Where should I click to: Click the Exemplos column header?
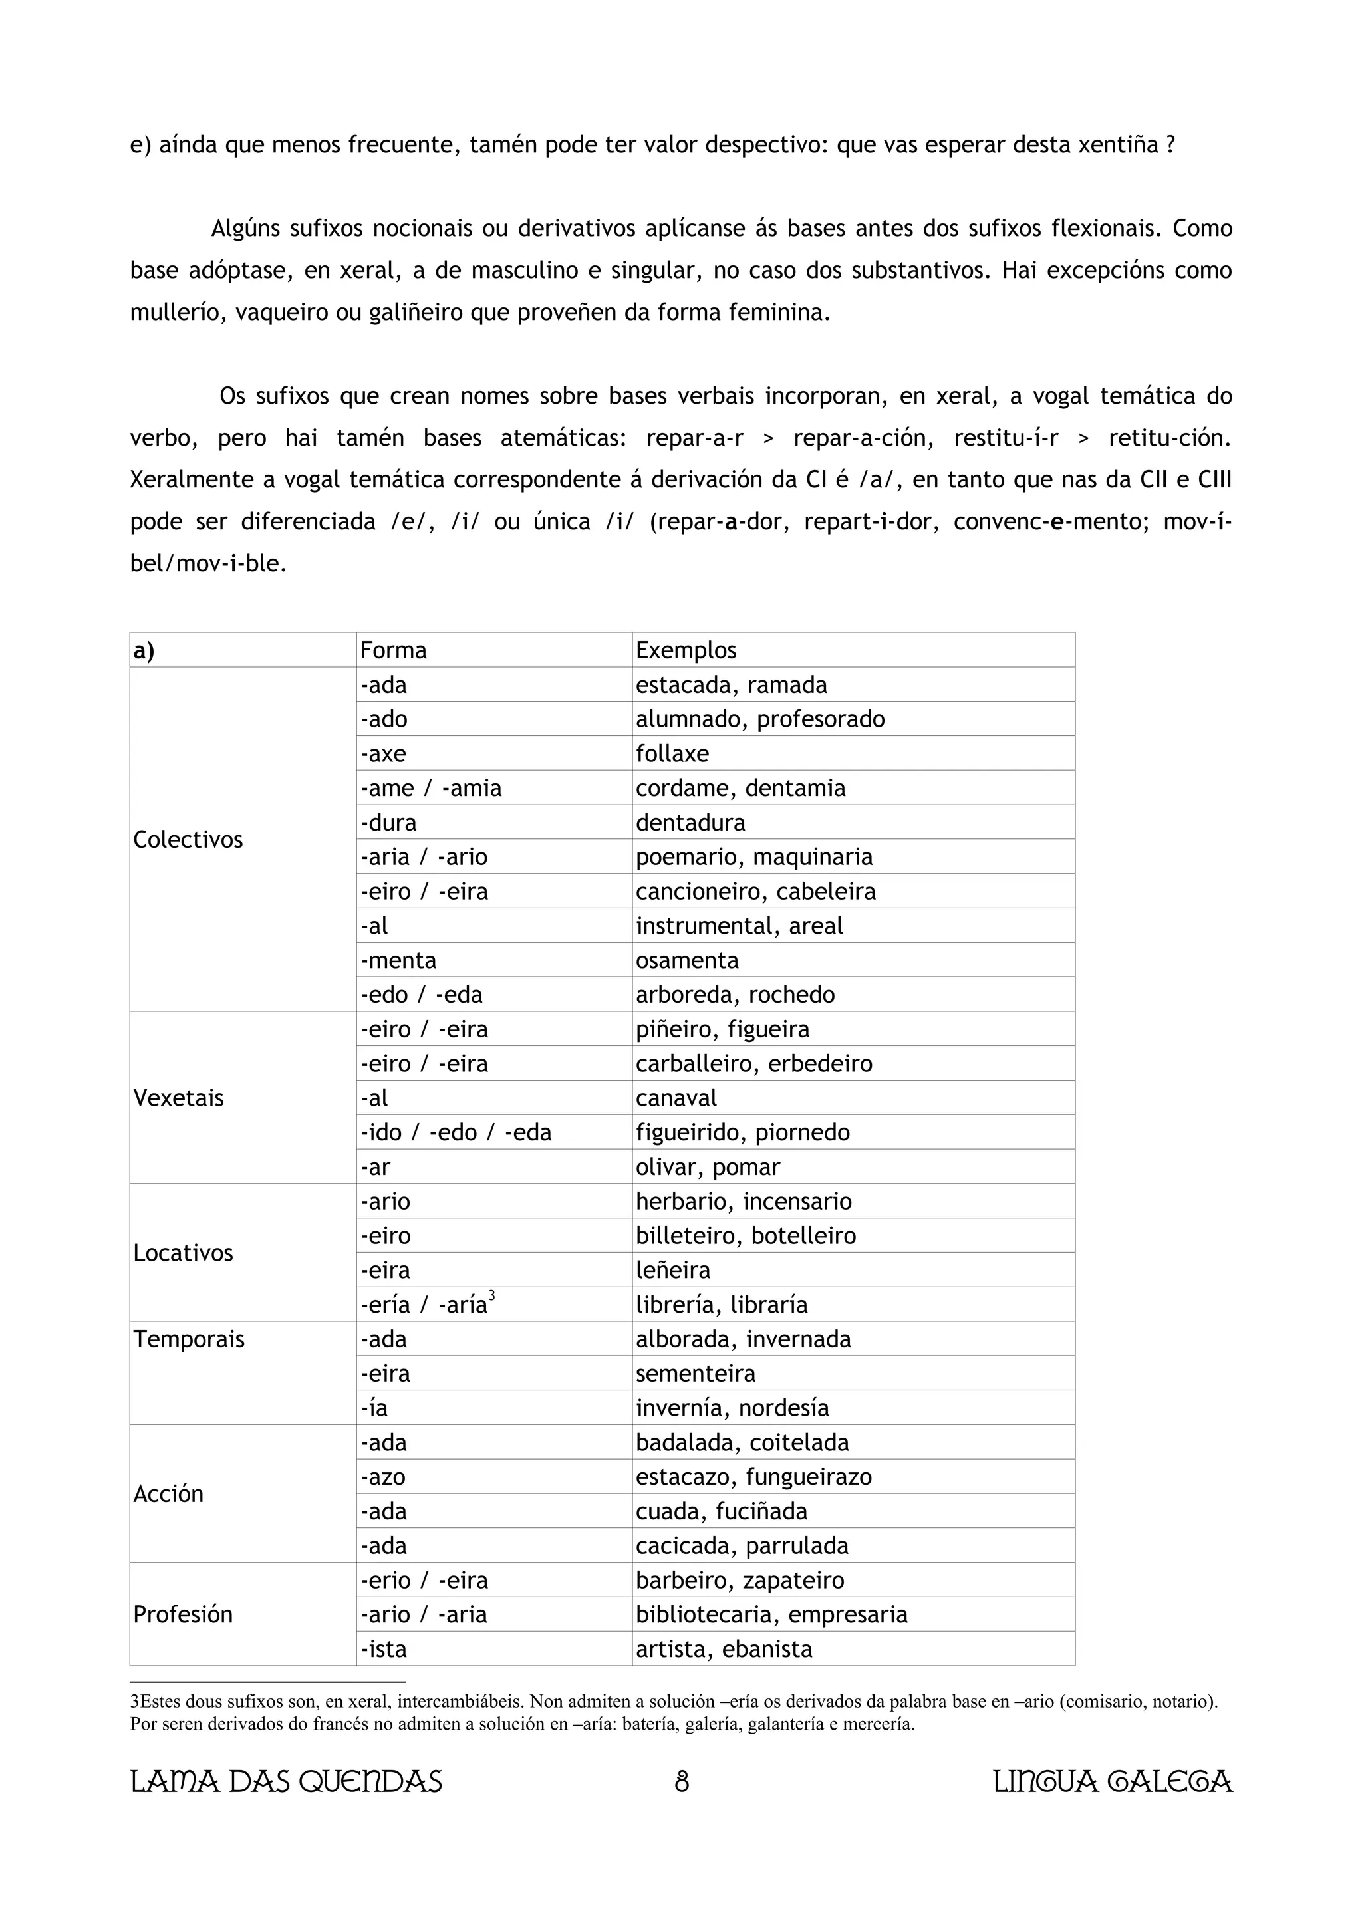pyautogui.click(x=686, y=650)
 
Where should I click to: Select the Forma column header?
pyautogui.click(x=393, y=650)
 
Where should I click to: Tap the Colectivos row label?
pyautogui.click(x=188, y=839)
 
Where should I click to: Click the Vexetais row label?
pyautogui.click(x=179, y=1098)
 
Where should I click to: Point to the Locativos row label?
pyautogui.click(x=183, y=1253)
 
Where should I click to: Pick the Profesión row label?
pyautogui.click(x=183, y=1614)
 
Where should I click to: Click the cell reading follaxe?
pyautogui.click(x=672, y=753)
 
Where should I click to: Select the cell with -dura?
pyautogui.click(x=388, y=823)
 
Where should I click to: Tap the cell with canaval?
pyautogui.click(x=676, y=1098)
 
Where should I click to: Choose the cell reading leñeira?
pyautogui.click(x=673, y=1270)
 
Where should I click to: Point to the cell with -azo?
pyautogui.click(x=384, y=1476)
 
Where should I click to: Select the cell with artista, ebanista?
pyautogui.click(x=724, y=1648)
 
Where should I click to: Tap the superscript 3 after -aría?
pyautogui.click(x=491, y=1296)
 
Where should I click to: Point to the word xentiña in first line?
pyautogui.click(x=1116, y=145)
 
